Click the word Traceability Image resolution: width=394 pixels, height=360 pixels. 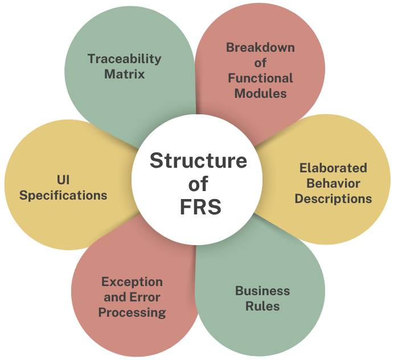coord(125,59)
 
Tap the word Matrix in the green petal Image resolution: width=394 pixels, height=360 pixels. coord(125,74)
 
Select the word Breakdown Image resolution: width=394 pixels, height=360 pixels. coord(260,47)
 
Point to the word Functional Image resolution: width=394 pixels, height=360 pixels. coord(260,78)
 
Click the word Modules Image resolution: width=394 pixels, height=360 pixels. coord(260,93)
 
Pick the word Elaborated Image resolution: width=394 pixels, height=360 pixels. coord(333,168)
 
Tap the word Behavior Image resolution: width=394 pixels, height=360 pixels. coord(333,183)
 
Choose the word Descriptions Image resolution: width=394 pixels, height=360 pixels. coord(333,198)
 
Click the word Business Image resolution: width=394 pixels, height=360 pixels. coord(262,291)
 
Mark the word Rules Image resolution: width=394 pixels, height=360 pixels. coord(262,306)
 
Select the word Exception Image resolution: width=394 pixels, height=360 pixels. coord(132,282)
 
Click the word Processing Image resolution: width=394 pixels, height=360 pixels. coord(132,312)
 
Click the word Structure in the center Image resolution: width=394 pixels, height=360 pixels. coord(198,161)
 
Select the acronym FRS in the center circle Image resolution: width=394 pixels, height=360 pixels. coord(198,206)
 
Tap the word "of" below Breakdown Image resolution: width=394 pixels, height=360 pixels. coord(260,63)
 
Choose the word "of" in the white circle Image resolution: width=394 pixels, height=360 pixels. coord(198,184)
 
